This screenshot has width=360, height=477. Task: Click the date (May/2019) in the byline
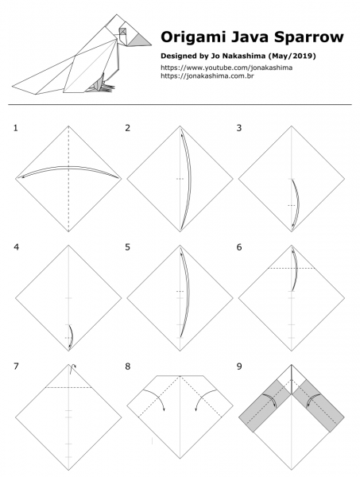pos(278,57)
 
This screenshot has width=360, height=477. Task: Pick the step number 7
pos(16,366)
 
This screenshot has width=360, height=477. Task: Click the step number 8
pos(128,366)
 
